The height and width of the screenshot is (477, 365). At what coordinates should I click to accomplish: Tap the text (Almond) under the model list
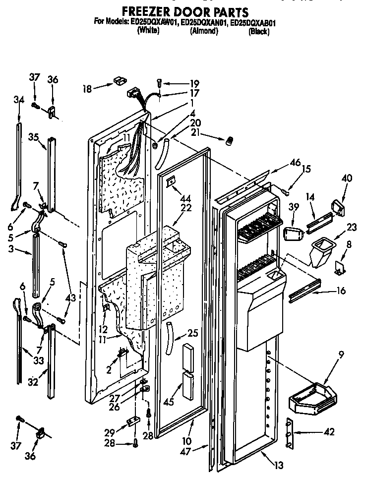204,31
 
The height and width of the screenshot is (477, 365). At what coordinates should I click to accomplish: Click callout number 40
347,178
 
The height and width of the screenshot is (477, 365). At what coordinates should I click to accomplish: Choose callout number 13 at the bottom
280,465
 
